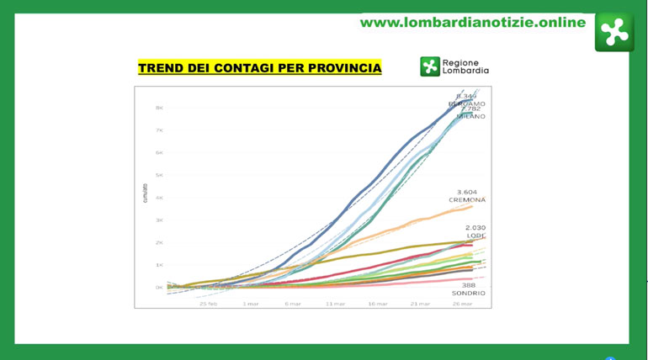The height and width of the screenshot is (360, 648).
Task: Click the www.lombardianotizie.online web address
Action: point(472,23)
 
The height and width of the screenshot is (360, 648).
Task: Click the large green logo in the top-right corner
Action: point(613,32)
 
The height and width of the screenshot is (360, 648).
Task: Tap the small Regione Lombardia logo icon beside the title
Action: point(430,66)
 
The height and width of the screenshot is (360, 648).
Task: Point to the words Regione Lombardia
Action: point(465,66)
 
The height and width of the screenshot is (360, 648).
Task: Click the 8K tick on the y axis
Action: point(158,108)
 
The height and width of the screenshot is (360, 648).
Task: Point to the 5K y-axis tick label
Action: point(158,175)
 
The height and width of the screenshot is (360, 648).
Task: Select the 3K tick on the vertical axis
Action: point(158,220)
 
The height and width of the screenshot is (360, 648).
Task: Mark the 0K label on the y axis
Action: point(158,288)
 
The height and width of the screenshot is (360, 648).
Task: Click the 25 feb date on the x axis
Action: point(209,304)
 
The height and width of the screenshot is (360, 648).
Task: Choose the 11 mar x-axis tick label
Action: point(335,304)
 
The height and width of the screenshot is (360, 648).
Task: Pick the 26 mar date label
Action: point(462,304)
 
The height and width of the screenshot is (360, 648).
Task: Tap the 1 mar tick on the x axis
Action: point(251,304)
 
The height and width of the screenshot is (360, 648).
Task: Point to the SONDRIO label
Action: point(468,293)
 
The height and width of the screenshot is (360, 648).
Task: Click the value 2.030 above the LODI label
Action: point(475,228)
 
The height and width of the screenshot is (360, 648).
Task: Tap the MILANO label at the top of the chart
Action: point(470,116)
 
